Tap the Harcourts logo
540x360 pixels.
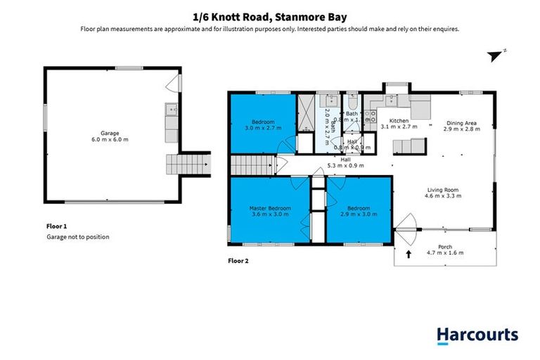click(477, 335)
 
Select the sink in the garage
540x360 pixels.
click(171, 110)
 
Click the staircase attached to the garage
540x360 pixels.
click(188, 165)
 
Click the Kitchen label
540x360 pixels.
click(398, 121)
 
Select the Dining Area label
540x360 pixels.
click(461, 121)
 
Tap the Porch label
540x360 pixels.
click(445, 247)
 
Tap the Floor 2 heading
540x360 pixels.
click(238, 260)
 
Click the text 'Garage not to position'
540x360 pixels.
click(73, 237)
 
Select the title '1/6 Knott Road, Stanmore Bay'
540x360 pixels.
click(269, 15)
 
